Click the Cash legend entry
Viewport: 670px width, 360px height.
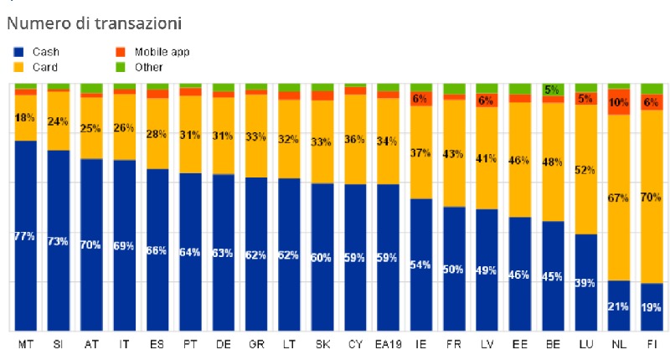point(37,52)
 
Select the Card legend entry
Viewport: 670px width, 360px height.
point(37,66)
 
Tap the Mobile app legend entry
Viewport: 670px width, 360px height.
point(153,52)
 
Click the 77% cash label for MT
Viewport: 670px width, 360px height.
point(25,237)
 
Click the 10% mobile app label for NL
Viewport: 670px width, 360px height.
point(619,102)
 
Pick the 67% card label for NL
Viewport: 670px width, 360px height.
point(619,198)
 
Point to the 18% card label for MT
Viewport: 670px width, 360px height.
point(25,118)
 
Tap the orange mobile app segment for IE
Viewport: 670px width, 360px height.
point(420,99)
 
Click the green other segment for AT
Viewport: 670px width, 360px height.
point(91,88)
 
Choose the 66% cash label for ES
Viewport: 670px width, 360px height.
point(157,250)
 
